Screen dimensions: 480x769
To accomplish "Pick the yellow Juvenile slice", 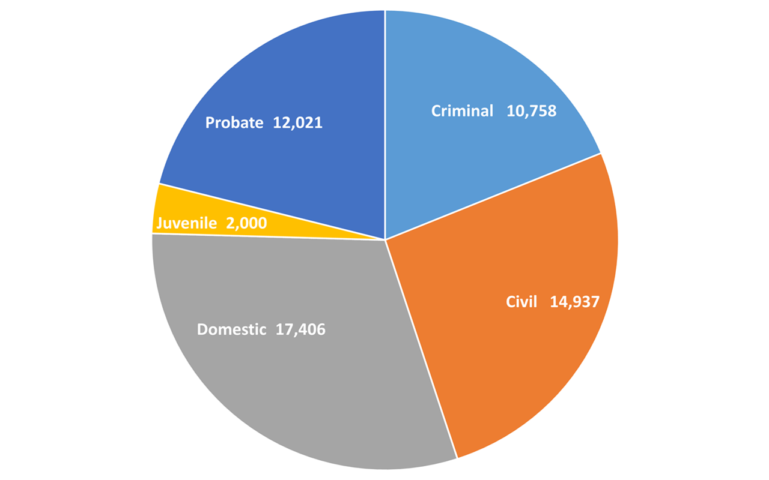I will [180, 210].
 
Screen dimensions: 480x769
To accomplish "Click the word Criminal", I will [462, 111].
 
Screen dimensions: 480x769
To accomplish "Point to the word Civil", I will [521, 301].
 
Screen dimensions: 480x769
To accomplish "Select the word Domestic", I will [231, 329].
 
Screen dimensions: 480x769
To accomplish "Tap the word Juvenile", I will [186, 223].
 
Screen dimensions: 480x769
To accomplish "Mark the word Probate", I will [234, 123].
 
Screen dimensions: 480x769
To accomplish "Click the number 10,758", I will [531, 111].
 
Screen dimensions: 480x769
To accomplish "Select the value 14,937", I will [574, 301].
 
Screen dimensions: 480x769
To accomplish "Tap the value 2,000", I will [246, 223].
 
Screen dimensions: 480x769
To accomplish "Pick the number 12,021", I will [297, 123].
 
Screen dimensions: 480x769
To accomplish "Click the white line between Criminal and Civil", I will [493, 197].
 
